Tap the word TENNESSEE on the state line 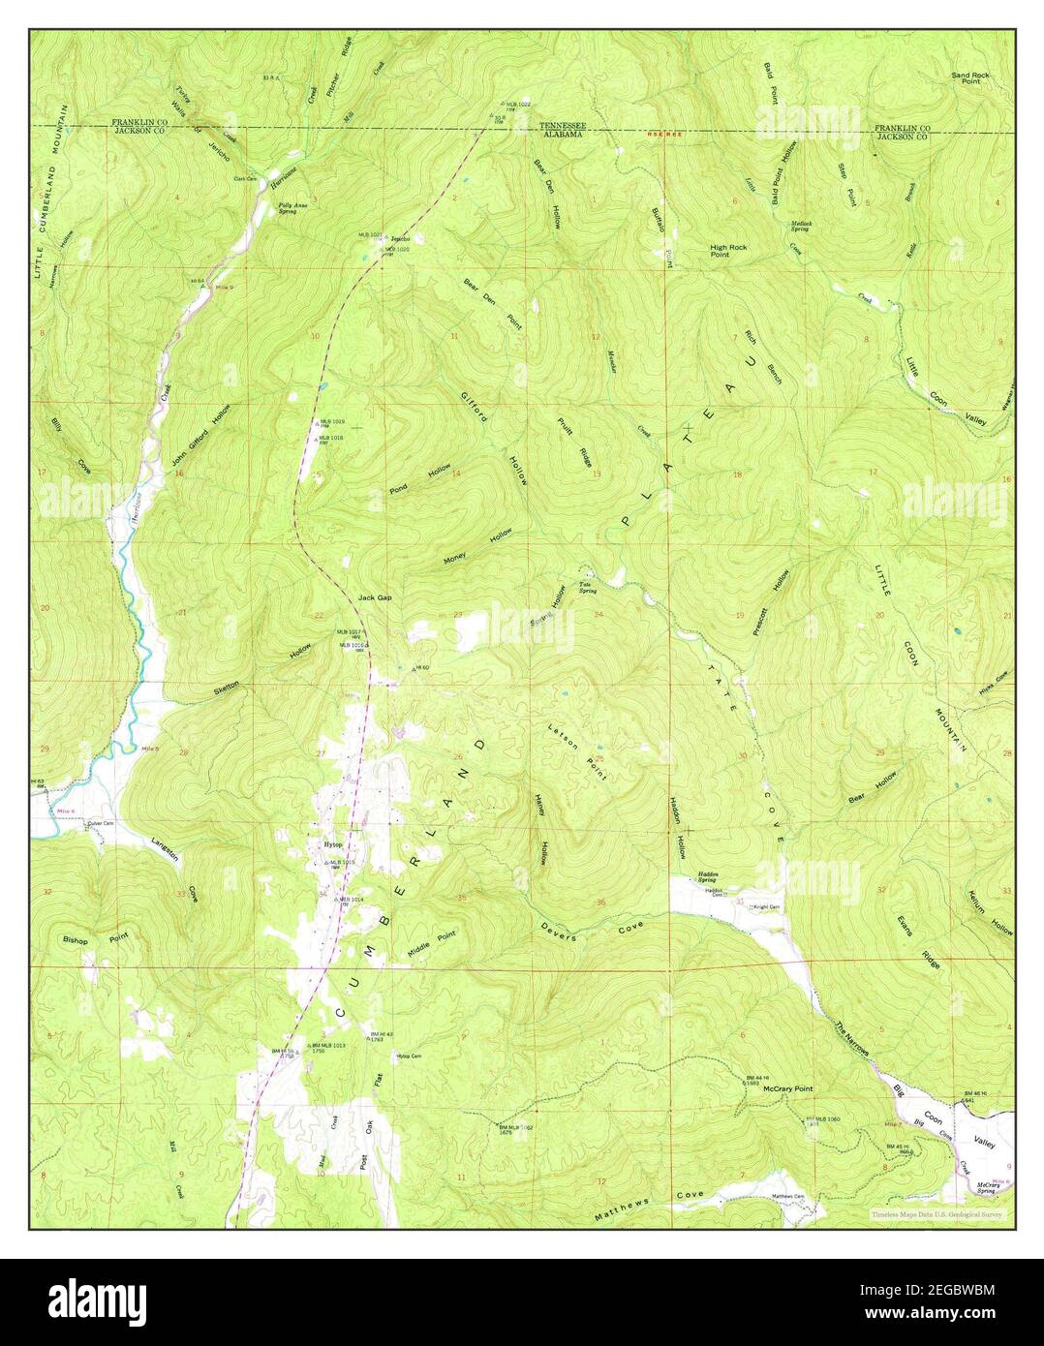[562, 126]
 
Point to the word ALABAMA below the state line [562, 136]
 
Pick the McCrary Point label [787, 1088]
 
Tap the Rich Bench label [763, 355]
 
